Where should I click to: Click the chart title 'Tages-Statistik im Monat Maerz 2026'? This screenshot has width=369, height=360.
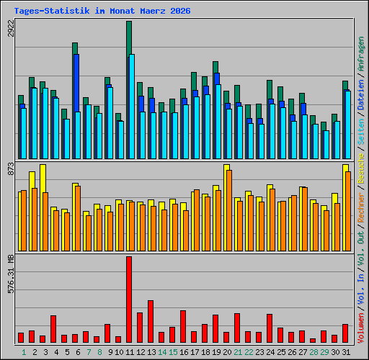(x=102, y=11)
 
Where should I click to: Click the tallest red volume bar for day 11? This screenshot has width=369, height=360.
(x=129, y=300)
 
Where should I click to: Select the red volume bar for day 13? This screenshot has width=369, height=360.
(x=151, y=321)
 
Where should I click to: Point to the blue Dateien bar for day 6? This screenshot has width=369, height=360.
(x=76, y=83)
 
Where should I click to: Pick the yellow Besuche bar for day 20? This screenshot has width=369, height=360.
(x=226, y=208)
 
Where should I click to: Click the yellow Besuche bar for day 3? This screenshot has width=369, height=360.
(x=43, y=208)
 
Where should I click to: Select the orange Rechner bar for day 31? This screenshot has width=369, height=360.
(x=348, y=212)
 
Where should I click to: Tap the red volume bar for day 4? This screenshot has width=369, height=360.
(x=53, y=329)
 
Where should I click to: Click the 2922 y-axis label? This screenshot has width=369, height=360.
(x=11, y=28)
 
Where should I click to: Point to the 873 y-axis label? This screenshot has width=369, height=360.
(x=11, y=168)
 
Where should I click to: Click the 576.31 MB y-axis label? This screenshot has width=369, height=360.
(x=11, y=274)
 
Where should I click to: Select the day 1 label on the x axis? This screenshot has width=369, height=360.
(x=24, y=352)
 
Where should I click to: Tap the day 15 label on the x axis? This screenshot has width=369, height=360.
(x=173, y=352)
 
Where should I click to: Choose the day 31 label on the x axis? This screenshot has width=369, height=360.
(x=346, y=352)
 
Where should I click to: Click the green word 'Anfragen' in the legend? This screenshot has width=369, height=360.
(x=361, y=54)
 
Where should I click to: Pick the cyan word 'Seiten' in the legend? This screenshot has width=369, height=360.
(x=361, y=132)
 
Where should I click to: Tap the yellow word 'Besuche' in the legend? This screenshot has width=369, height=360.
(x=361, y=168)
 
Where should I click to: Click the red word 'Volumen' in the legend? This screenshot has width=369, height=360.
(x=361, y=328)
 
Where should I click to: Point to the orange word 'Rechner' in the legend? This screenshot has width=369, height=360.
(x=361, y=207)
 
